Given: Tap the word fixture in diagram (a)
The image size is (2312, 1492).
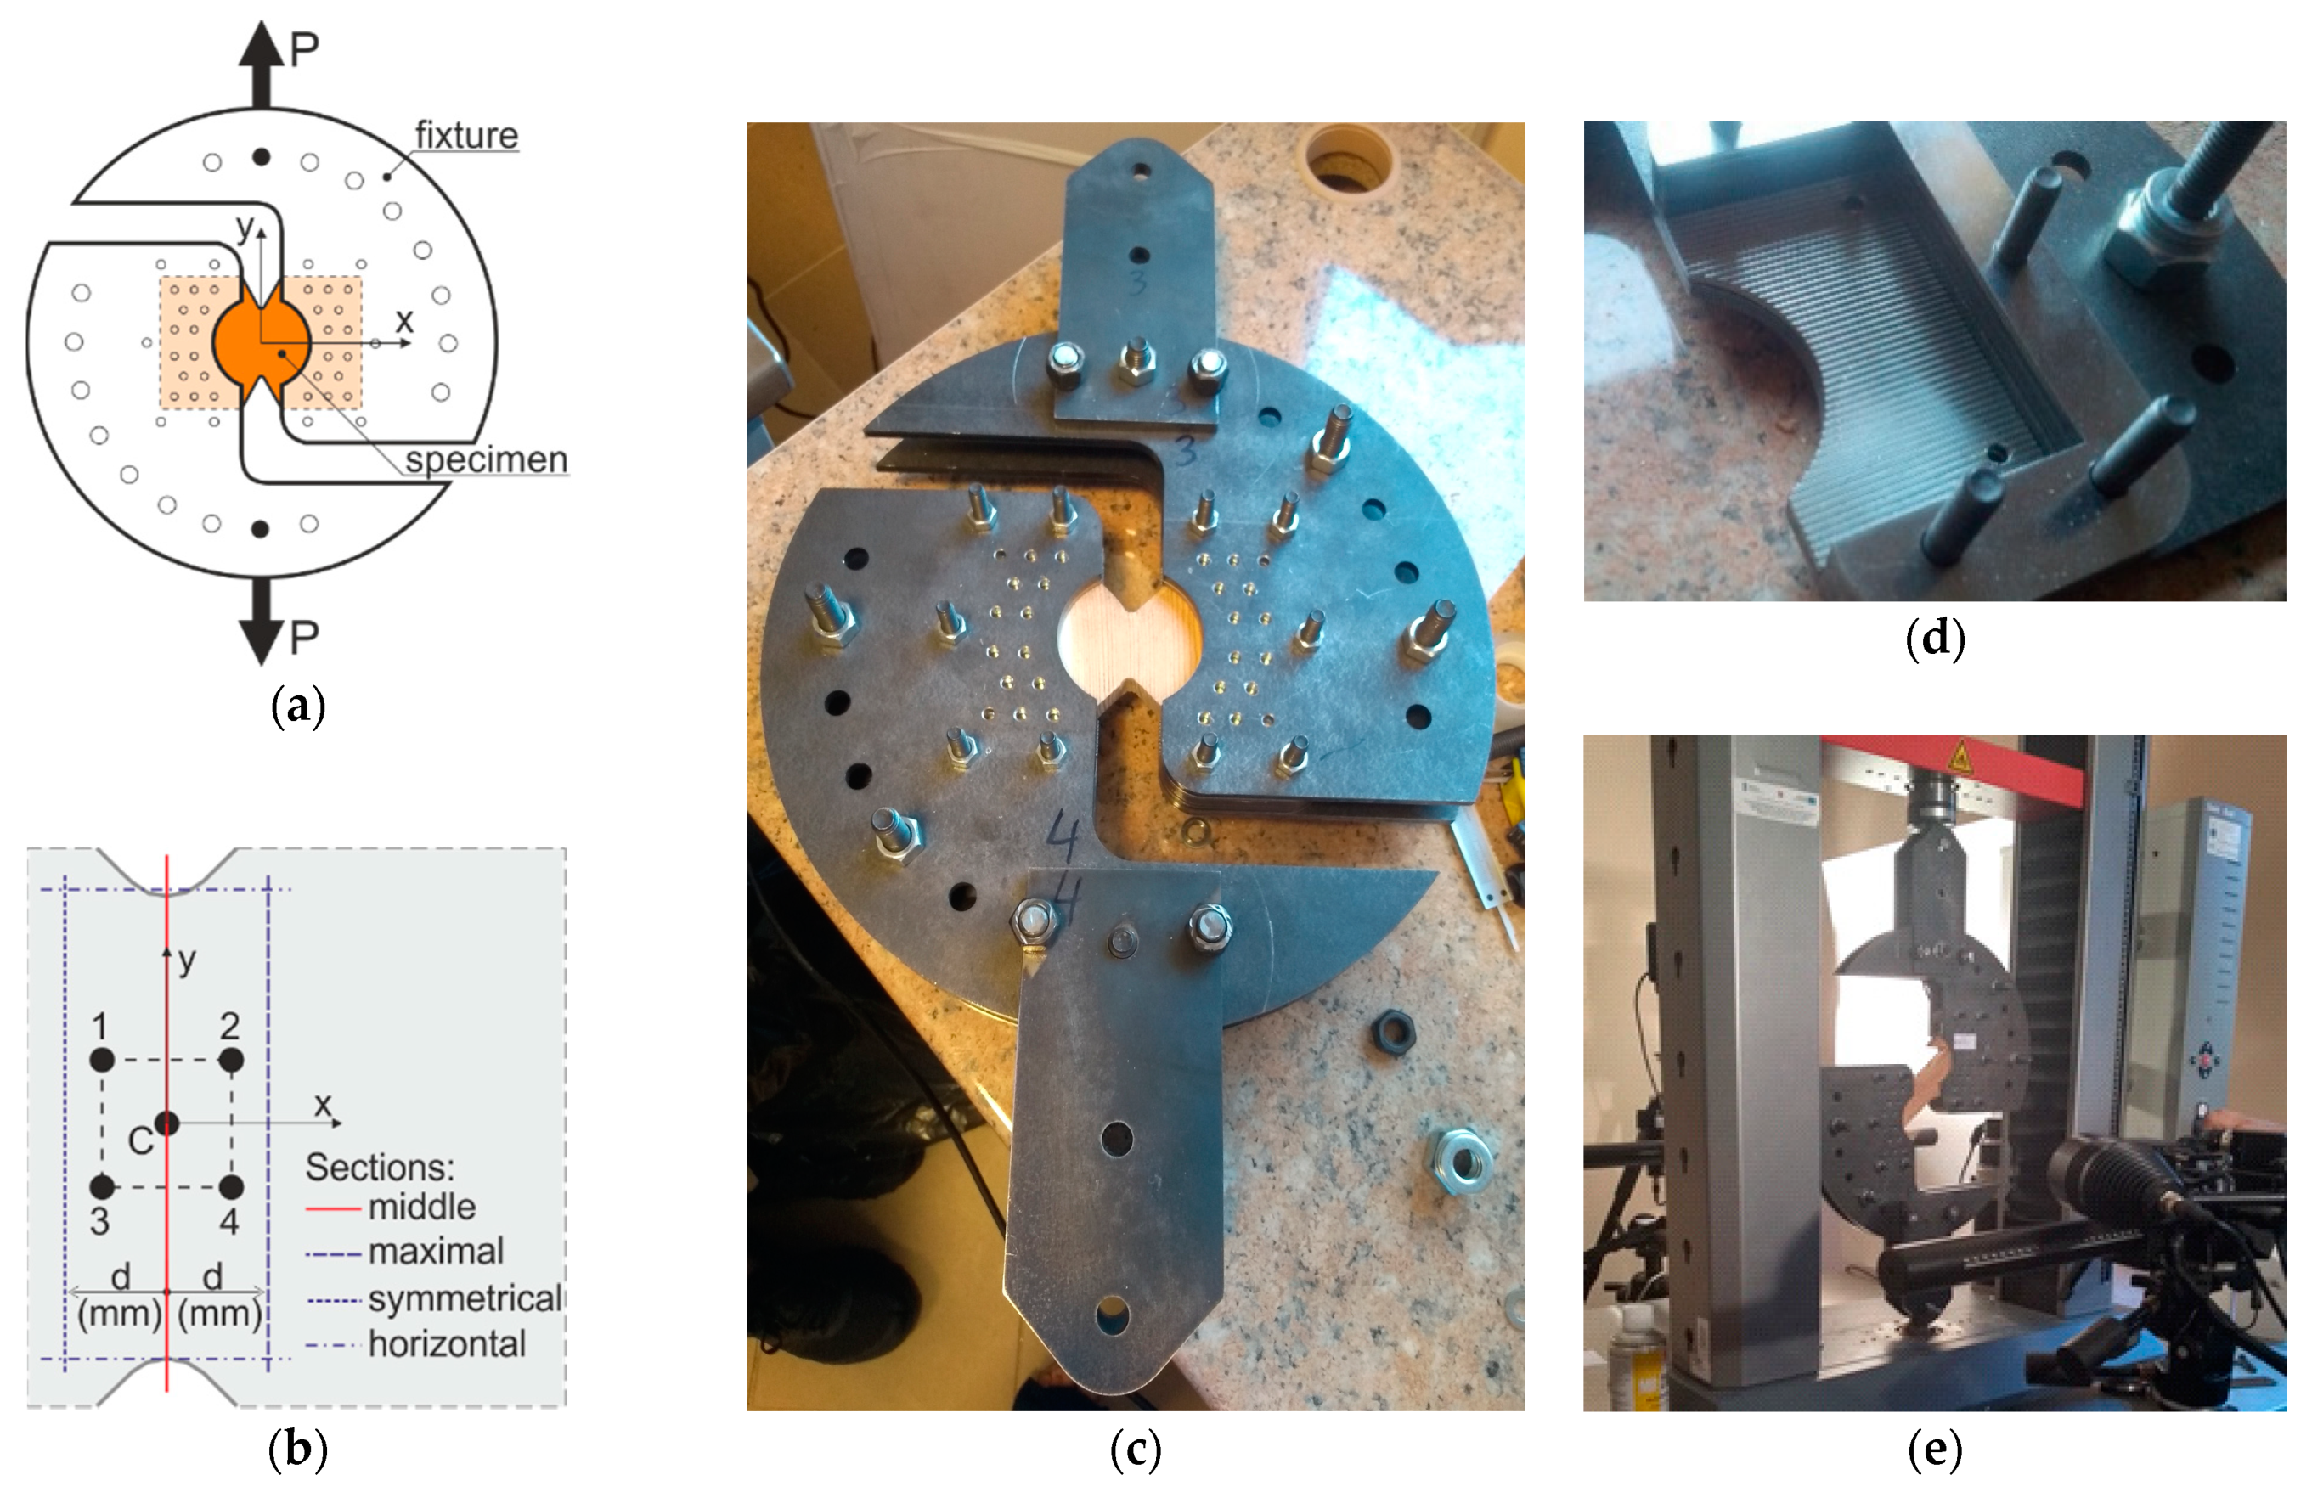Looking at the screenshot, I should click(466, 135).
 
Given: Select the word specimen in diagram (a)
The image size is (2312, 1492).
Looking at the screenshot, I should click(486, 459).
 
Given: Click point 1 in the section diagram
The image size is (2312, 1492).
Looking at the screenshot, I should click(102, 1060).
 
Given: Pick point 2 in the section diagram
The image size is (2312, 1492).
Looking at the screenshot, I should click(231, 1060).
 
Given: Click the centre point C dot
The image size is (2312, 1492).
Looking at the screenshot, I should click(166, 1123).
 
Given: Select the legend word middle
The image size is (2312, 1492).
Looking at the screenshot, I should click(421, 1208).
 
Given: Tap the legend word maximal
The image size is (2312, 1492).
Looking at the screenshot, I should click(435, 1252).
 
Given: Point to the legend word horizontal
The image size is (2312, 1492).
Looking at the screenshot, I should click(447, 1343).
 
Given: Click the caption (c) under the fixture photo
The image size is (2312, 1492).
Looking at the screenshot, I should click(1135, 1450).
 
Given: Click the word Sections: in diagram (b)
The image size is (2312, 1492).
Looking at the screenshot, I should click(379, 1168).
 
